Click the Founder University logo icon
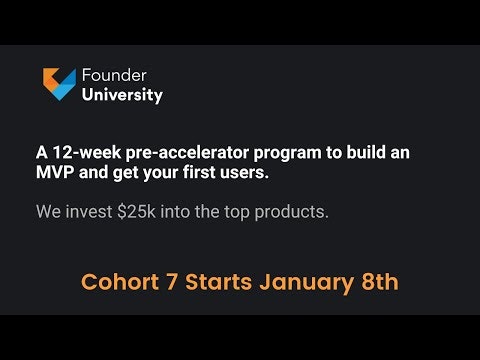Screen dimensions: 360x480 coord(59,84)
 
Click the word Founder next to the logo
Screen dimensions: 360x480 coord(114,76)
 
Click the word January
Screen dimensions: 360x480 coord(309,282)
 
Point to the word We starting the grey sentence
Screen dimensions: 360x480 coord(50,212)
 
